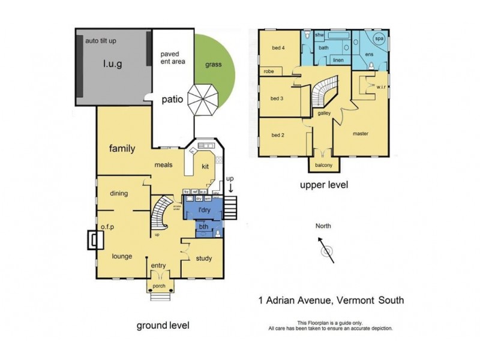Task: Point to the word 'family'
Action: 122,149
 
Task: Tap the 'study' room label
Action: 204,259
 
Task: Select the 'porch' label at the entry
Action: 159,286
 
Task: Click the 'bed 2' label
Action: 278,135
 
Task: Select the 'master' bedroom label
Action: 361,134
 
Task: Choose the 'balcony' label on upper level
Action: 324,165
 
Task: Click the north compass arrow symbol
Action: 326,247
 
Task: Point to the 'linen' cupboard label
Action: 338,60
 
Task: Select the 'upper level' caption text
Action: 324,185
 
